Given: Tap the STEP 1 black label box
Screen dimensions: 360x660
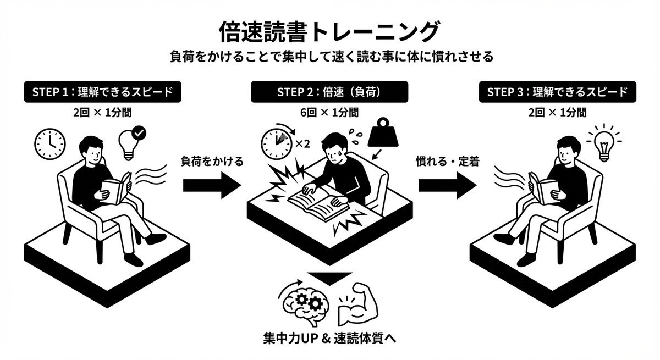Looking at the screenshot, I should tap(102, 92).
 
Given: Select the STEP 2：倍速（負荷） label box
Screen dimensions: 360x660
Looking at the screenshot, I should tap(329, 92).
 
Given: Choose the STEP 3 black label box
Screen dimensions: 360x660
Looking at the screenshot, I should tap(557, 92).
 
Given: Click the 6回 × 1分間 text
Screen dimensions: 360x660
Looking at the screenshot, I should tap(329, 113).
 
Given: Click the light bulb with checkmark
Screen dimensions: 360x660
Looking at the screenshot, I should tap(131, 141).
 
